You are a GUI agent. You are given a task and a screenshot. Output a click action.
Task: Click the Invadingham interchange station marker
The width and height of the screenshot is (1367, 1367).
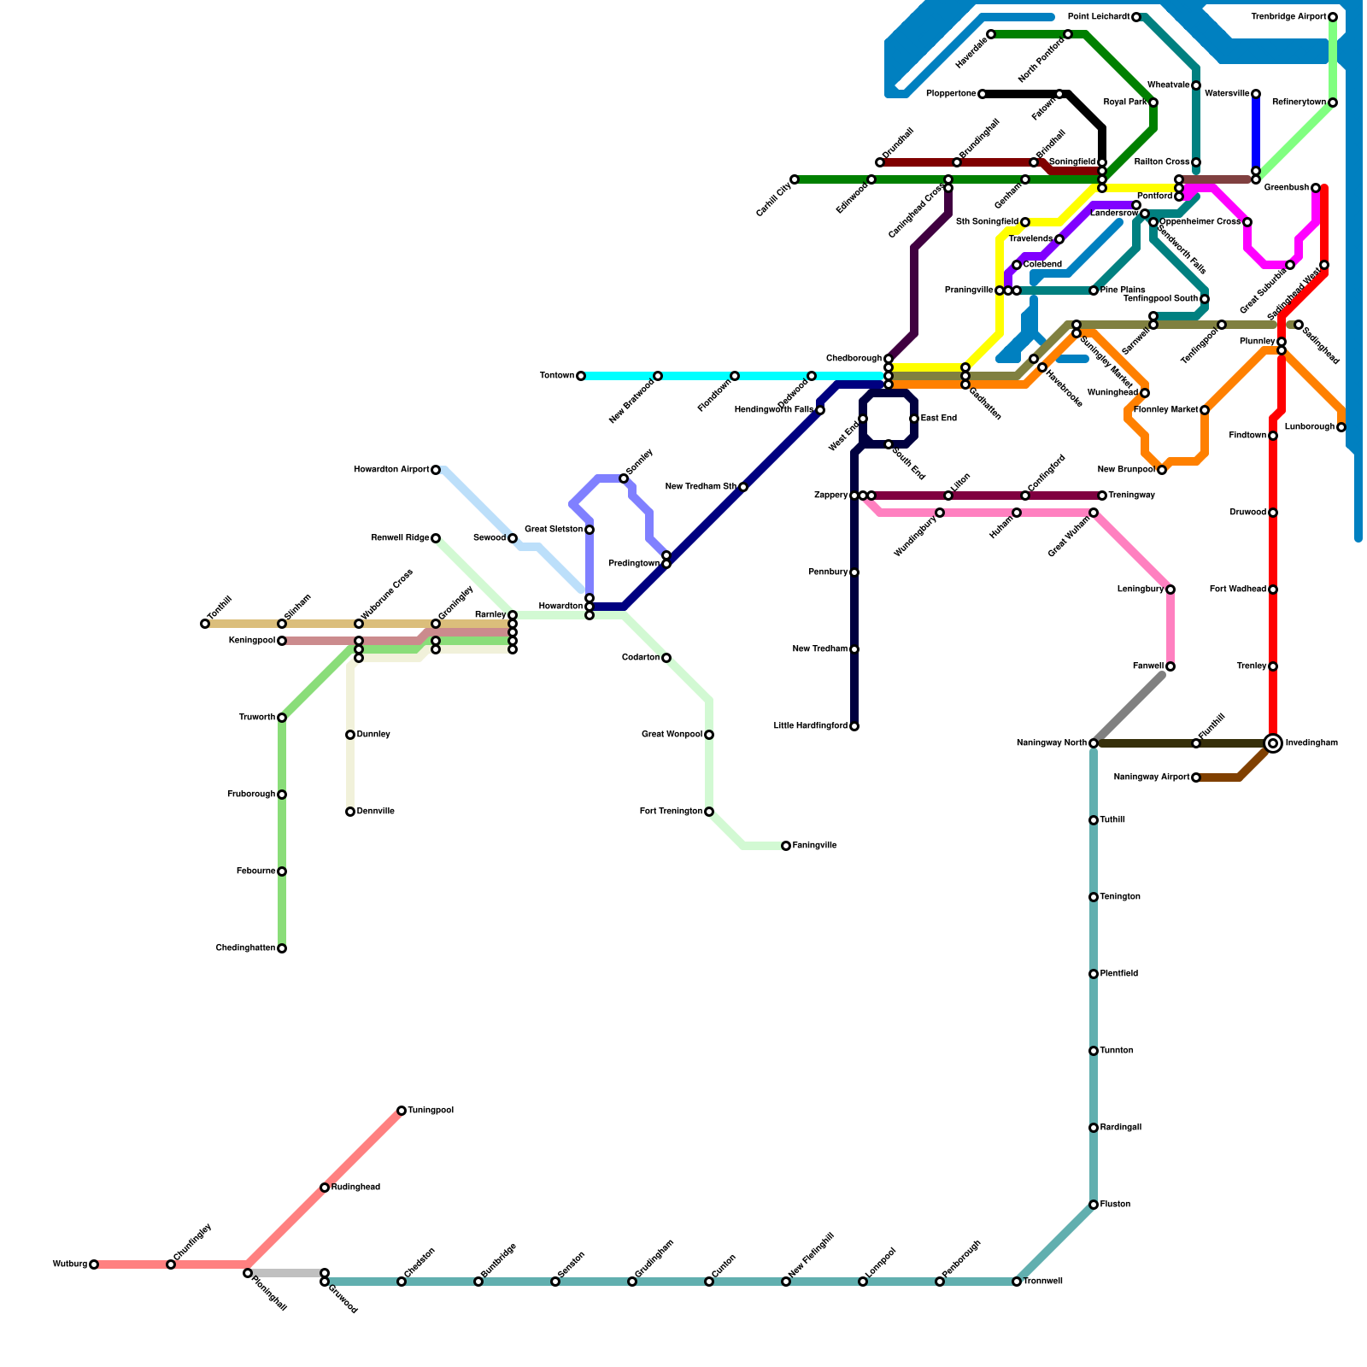click(x=1273, y=743)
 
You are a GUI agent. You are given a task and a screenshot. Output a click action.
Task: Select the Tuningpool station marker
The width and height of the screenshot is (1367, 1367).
click(x=402, y=1111)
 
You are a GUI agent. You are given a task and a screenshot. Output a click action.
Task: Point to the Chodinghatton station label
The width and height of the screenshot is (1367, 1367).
click(x=245, y=948)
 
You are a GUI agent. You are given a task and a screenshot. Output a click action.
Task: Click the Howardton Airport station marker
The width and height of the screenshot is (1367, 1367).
click(x=436, y=470)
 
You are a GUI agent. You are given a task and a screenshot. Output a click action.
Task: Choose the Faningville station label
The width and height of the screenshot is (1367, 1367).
click(x=814, y=846)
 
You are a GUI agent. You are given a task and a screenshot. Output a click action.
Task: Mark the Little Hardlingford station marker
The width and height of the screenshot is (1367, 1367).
click(x=854, y=726)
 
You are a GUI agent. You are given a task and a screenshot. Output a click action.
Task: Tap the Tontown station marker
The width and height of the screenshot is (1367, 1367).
click(x=581, y=376)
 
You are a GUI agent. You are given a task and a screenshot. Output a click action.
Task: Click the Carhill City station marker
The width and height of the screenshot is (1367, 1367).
click(x=795, y=179)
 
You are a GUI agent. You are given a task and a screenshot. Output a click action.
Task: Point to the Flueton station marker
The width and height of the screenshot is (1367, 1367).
click(x=1094, y=1205)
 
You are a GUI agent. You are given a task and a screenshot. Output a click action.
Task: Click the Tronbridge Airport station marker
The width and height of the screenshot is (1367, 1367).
click(x=1333, y=17)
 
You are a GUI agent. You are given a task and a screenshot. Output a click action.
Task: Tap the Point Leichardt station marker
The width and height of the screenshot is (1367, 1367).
click(x=1136, y=17)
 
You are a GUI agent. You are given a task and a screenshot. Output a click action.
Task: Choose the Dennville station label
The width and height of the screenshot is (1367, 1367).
click(x=375, y=812)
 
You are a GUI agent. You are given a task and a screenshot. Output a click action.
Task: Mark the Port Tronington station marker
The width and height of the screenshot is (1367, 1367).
click(x=709, y=812)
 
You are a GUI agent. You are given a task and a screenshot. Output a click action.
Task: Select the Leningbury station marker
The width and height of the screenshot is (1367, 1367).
click(x=1170, y=590)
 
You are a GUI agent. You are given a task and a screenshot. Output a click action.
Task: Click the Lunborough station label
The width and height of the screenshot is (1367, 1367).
click(x=1309, y=427)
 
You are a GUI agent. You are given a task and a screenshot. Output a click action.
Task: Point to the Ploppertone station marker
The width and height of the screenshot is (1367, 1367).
click(x=983, y=94)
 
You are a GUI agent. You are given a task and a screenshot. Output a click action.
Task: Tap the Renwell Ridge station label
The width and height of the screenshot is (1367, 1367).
click(x=400, y=538)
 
